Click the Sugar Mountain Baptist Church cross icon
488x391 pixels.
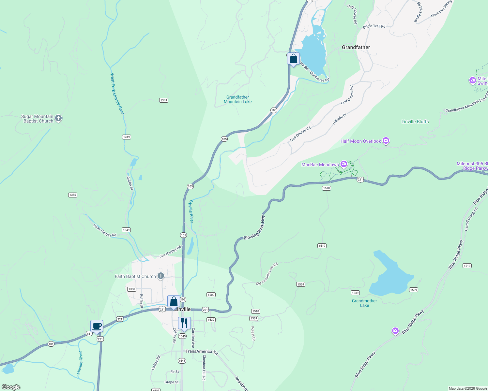pos(58,118)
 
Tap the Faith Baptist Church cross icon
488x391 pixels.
pos(160,276)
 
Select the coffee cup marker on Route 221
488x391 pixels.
pos(97,326)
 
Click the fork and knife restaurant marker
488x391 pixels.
pos(184,323)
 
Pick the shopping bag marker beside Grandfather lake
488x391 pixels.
pos(293,59)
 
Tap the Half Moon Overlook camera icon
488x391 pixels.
pos(386,141)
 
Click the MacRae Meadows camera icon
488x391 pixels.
pos(343,164)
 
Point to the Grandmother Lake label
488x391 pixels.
pos(364,303)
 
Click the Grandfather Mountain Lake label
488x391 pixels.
pos(238,99)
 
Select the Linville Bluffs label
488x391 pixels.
pos(415,122)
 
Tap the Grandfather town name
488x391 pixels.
pos(356,47)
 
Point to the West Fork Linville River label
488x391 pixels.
pos(117,94)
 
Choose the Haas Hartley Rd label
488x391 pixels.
pos(105,230)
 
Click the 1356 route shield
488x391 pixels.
pos(73,195)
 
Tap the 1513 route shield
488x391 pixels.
pos(467,266)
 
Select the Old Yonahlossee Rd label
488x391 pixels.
pos(267,274)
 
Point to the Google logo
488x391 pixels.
pos(11,387)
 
